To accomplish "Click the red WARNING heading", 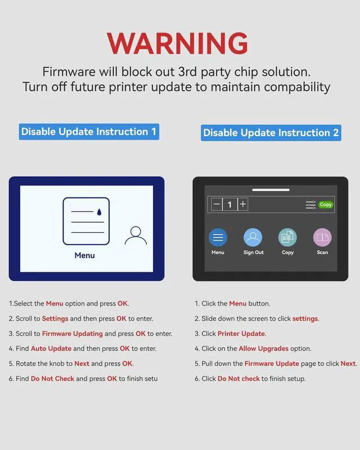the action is click(x=177, y=43).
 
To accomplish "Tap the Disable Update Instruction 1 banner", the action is click(x=89, y=132).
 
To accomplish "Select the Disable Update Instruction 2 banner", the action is click(x=271, y=133).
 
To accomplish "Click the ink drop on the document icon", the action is click(x=100, y=212).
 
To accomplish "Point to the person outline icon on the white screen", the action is click(x=136, y=236).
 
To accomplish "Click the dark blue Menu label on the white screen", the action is click(x=85, y=255).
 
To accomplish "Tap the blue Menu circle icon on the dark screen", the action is click(x=218, y=237).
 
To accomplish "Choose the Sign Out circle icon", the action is click(x=253, y=237).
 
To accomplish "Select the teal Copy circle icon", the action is click(x=287, y=237).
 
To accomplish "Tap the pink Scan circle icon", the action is click(x=322, y=237).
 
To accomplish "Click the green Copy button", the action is click(x=326, y=205).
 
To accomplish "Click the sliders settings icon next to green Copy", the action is click(x=310, y=205).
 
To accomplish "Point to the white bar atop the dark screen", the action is click(x=271, y=190).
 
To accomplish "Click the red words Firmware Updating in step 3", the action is click(x=73, y=334).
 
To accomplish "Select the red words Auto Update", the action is click(x=51, y=348).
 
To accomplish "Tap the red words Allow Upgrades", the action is click(x=264, y=348).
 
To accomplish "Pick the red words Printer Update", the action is click(x=241, y=334).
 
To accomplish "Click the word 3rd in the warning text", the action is click(x=187, y=72).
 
